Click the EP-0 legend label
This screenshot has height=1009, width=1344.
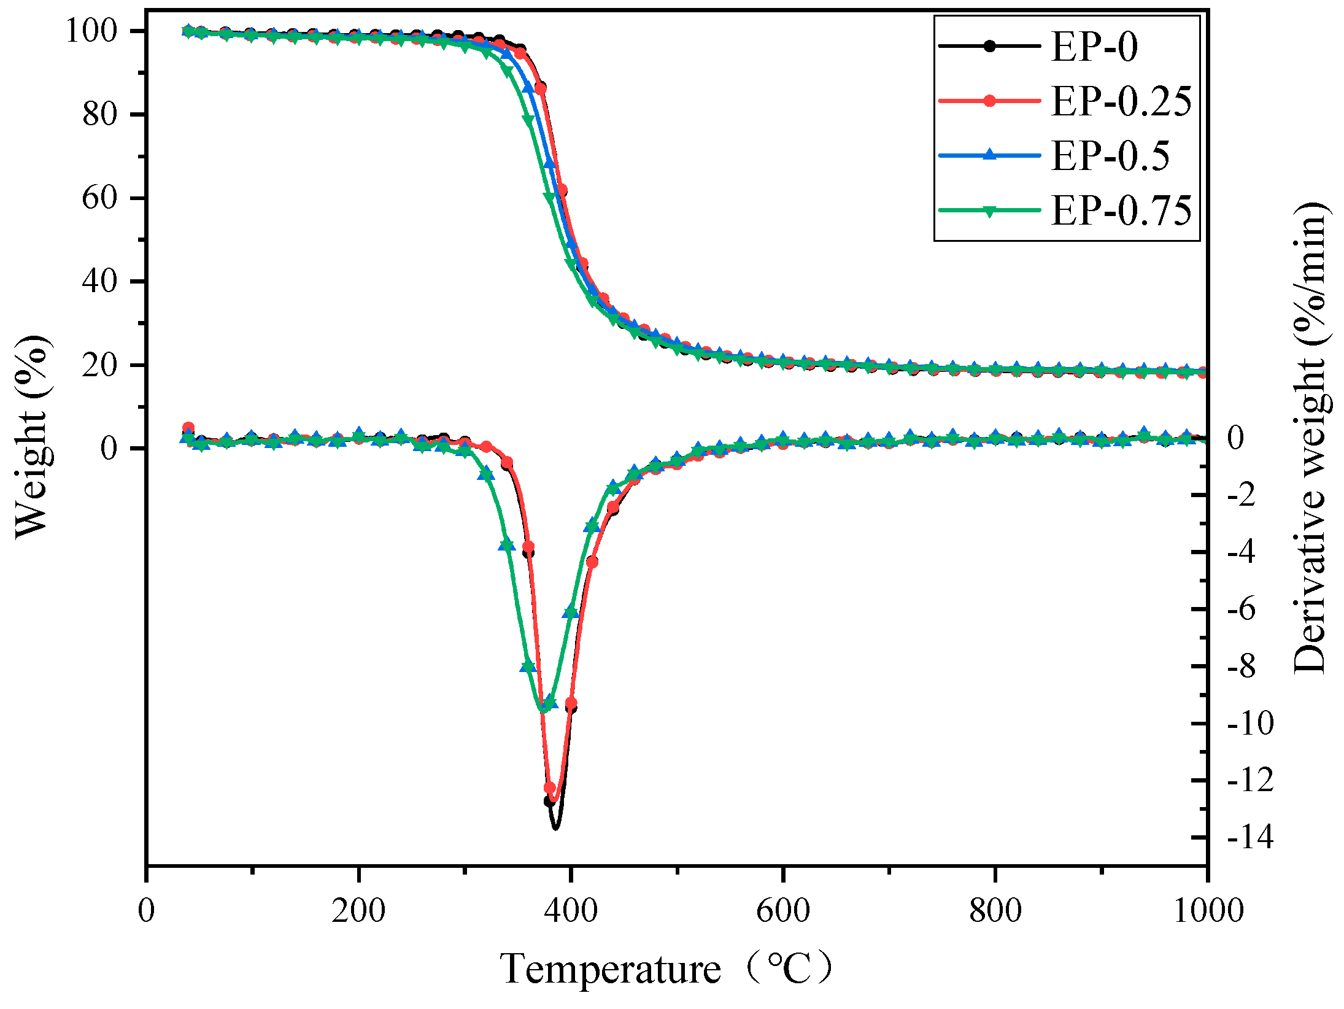1094,47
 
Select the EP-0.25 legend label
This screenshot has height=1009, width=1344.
1121,101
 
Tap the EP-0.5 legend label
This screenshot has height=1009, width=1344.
1110,156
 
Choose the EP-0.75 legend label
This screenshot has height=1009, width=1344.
1121,211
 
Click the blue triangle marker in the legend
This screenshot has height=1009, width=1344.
989,155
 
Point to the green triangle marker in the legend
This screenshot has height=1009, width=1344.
989,211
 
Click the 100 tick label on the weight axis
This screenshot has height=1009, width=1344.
91,31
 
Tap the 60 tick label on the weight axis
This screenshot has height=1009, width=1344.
99,198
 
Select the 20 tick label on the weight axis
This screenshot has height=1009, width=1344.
99,365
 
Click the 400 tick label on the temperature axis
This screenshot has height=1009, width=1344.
571,910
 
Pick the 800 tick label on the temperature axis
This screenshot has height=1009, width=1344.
995,910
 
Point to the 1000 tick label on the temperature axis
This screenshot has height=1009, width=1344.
1208,910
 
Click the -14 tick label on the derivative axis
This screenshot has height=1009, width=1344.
1250,837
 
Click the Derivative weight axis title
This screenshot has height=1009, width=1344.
1310,437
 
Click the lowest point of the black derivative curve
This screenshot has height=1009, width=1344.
555,828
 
